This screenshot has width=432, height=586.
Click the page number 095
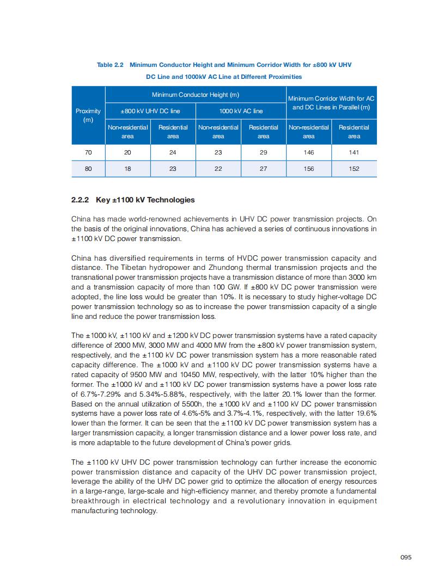click(x=405, y=557)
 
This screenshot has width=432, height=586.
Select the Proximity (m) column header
click(x=88, y=115)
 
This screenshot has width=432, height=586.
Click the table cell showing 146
click(x=308, y=153)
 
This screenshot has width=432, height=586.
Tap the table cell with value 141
click(x=354, y=153)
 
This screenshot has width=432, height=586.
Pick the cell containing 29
click(x=263, y=153)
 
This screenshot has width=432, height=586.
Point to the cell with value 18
click(x=127, y=169)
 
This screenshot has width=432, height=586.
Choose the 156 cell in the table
click(x=308, y=169)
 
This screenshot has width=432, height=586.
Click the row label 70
click(x=88, y=153)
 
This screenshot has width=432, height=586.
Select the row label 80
click(x=88, y=169)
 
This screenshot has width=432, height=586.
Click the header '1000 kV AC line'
click(x=241, y=111)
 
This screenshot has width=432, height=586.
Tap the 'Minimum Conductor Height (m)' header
click(x=195, y=95)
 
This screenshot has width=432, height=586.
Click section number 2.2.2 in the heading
click(x=80, y=200)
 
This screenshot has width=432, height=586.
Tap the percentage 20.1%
click(x=306, y=394)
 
